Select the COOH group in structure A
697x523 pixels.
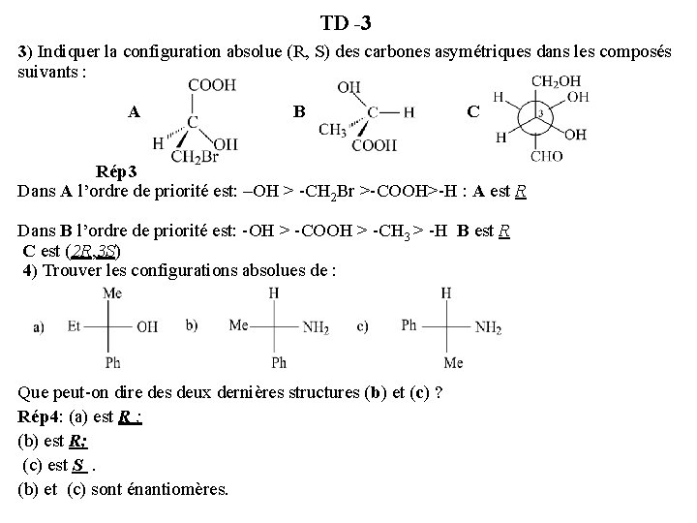212,86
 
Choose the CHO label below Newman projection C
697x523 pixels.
546,155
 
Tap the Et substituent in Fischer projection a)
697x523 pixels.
74,327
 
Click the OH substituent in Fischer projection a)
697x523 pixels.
147,327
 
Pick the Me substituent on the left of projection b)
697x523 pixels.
239,325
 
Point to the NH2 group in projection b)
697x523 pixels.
316,328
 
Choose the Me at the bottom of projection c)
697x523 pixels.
453,363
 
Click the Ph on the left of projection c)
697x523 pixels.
409,325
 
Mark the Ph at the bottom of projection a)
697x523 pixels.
113,363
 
